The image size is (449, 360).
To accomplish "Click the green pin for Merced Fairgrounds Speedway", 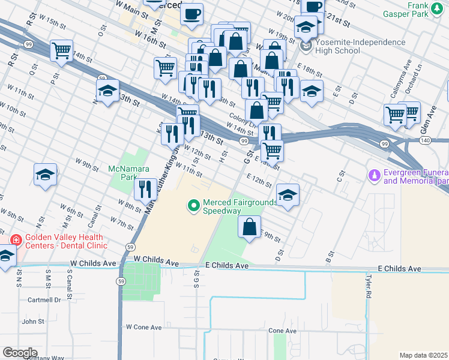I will (194, 206).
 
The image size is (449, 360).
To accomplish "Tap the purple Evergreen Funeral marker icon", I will (375, 175).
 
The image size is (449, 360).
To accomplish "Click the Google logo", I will (20, 353).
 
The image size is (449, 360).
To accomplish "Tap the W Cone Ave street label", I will (143, 327).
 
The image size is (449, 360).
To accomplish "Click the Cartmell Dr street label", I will (41, 299).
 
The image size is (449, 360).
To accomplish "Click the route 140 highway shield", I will (425, 139).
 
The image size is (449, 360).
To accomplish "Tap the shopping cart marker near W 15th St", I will (61, 51).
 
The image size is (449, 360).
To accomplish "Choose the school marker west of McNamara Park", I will (45, 175).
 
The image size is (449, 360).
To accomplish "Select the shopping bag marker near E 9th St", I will (249, 227).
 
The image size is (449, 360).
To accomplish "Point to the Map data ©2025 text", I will (424, 355).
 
